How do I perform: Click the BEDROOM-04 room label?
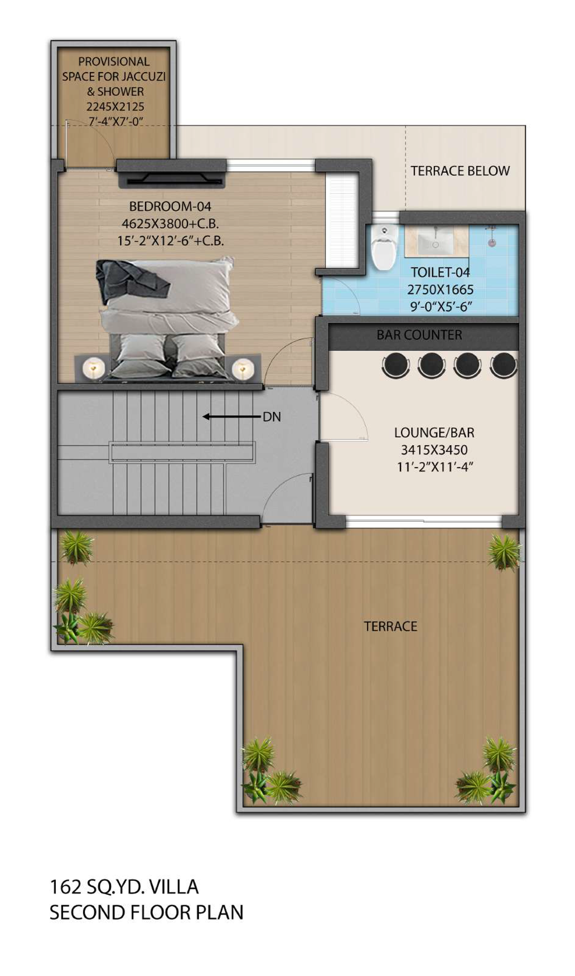coord(170,206)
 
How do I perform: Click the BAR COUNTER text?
coord(419,335)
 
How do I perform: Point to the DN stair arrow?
coord(231,416)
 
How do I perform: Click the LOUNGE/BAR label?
coord(434,433)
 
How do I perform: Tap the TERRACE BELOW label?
coord(460,171)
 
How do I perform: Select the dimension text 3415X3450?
coord(434,450)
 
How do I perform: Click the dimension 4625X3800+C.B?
coord(170,224)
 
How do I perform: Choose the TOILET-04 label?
coord(440,273)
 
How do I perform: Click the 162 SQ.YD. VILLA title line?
coord(124,887)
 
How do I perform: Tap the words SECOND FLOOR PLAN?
coord(146,912)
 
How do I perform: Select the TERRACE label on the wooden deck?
coord(390,627)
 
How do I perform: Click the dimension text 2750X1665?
coord(440,290)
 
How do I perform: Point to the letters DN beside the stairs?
coord(272,417)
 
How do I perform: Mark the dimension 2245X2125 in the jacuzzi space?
coord(115,106)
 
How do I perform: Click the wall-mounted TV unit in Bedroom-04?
coord(172,173)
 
